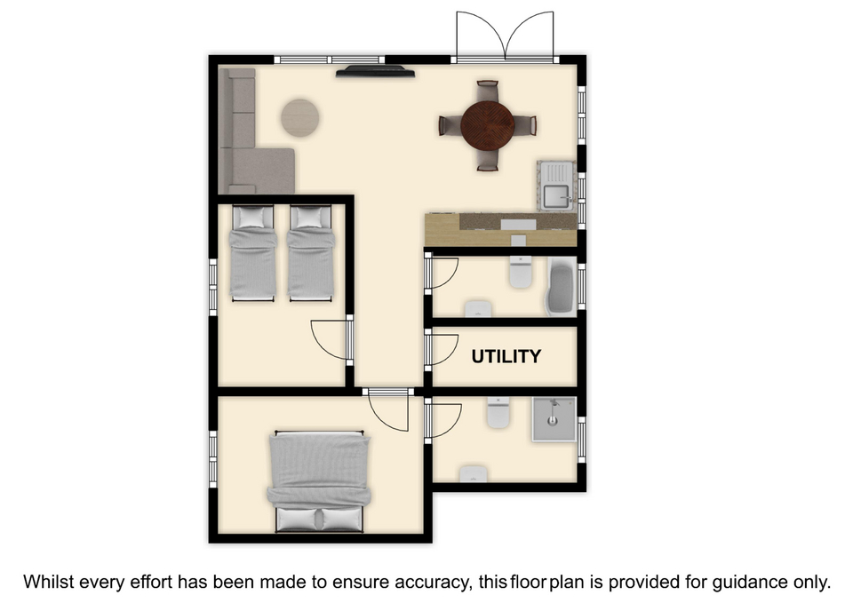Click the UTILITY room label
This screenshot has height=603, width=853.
[x=506, y=356]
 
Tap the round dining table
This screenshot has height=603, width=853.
[x=488, y=125]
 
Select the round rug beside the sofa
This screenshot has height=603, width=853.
[x=299, y=117]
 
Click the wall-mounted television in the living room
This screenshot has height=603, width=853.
[x=375, y=71]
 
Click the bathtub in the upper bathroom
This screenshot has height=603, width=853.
[x=561, y=287]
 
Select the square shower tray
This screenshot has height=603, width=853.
[x=554, y=418]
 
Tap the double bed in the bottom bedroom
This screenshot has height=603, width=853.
[x=319, y=481]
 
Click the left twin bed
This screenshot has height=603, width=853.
[x=253, y=253]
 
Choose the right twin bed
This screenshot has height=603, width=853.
[x=311, y=253]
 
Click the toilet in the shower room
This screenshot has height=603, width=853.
[x=498, y=412]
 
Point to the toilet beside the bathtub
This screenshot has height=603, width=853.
[x=521, y=272]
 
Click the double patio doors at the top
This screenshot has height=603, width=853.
[x=506, y=36]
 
